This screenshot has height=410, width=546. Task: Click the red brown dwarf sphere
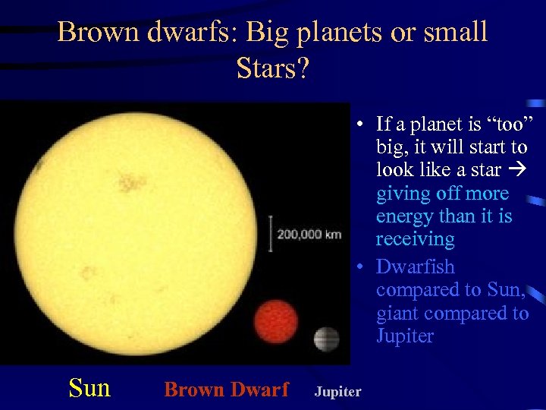point(277,323)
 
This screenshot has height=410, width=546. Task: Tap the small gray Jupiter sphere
point(326,339)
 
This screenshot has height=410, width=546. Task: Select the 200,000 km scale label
point(309,235)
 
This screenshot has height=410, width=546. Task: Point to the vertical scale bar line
point(271,233)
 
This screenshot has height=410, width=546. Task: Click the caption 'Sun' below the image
point(89,389)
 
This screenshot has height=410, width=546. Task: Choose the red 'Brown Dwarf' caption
point(226,389)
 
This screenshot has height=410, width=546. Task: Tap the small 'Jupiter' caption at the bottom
point(337,392)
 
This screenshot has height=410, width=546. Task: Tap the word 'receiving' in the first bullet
point(415,239)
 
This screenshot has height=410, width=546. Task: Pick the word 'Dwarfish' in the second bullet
point(415,267)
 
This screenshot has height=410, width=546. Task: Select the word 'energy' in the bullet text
point(406,216)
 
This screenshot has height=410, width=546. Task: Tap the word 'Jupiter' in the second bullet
point(405,336)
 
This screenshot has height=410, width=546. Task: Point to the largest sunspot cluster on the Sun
point(133,182)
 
